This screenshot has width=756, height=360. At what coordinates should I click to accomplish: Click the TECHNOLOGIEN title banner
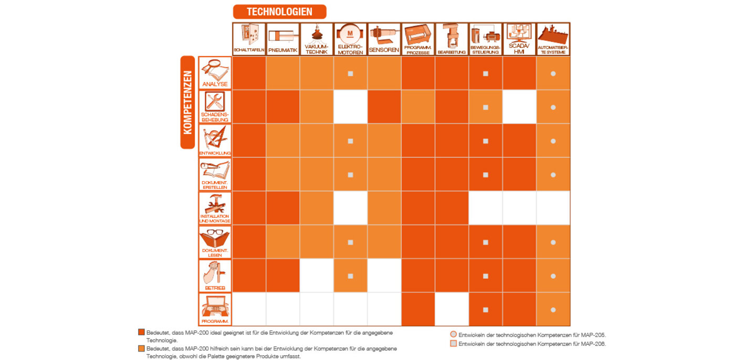(279, 12)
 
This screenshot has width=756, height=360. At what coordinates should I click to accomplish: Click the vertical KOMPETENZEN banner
(187, 102)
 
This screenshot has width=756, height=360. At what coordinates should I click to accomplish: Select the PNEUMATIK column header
(283, 39)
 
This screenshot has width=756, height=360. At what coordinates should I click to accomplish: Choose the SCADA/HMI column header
(519, 39)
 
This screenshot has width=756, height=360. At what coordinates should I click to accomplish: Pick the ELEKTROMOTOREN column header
(350, 39)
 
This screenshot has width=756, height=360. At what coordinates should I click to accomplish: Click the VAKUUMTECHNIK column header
(317, 39)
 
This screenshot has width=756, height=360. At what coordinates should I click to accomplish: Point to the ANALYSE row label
(215, 73)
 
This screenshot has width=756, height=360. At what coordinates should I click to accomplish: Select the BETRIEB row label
(215, 276)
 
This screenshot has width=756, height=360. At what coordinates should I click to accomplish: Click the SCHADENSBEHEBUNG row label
(215, 107)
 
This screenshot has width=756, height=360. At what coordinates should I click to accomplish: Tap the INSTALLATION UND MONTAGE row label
(215, 208)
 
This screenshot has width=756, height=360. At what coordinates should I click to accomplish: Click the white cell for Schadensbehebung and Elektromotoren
(350, 107)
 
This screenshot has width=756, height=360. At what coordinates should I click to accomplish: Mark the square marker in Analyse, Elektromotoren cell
(350, 73)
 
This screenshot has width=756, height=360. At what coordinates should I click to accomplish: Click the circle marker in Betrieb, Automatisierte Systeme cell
(553, 276)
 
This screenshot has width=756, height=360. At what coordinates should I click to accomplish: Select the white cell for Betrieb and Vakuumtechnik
(317, 276)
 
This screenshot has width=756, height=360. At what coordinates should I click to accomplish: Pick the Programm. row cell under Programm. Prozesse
(418, 310)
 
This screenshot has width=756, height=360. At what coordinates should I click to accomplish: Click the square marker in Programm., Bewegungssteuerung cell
(486, 310)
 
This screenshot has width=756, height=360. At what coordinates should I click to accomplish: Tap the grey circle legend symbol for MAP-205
(454, 334)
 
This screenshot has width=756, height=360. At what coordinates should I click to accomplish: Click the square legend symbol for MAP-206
(454, 344)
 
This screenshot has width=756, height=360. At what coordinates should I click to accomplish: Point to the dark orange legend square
(141, 333)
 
